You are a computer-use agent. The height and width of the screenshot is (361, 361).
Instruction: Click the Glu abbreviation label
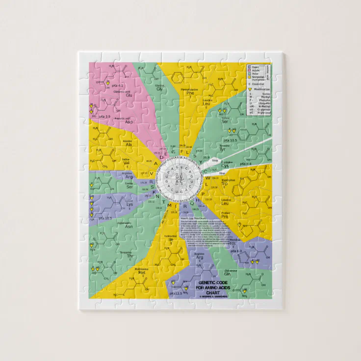(116, 96)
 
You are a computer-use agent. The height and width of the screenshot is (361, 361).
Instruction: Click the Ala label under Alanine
(127, 145)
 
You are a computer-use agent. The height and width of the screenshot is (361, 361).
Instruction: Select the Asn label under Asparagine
(129, 227)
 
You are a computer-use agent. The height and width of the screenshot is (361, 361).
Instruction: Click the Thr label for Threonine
(130, 256)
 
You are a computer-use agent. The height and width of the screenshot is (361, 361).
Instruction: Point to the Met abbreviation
(142, 273)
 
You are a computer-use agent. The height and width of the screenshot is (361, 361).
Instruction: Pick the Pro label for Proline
(225, 216)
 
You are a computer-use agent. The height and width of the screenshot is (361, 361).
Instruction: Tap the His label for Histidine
(232, 243)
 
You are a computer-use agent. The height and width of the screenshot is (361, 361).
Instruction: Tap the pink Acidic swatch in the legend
(250, 70)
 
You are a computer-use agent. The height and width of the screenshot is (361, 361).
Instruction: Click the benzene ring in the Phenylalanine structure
(177, 77)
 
